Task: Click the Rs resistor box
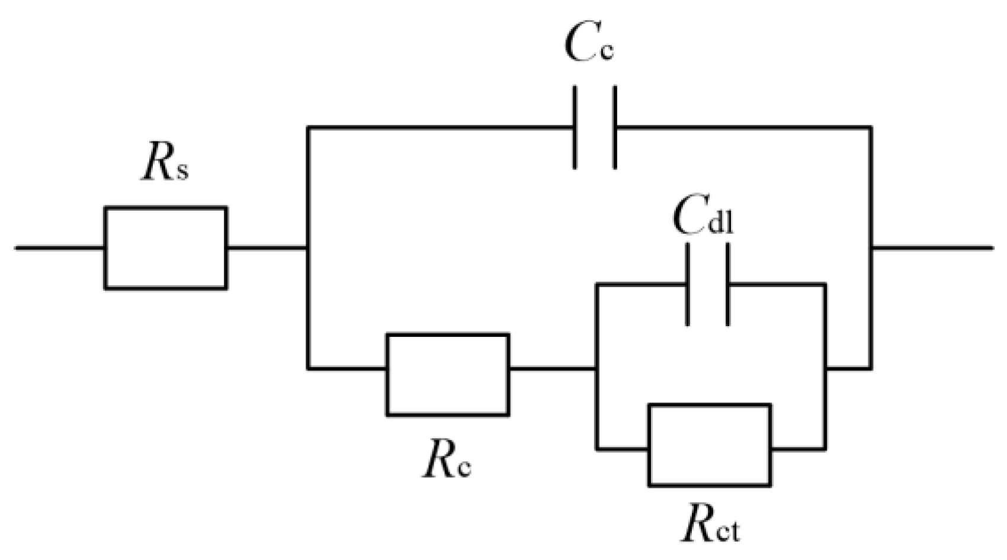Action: [166, 247]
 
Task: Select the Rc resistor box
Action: [447, 374]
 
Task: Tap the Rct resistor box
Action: [710, 445]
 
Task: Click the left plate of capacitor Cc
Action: [575, 127]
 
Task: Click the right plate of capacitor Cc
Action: [615, 127]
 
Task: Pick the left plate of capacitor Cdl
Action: [687, 285]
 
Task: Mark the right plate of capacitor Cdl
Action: [728, 285]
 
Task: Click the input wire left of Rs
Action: [59, 247]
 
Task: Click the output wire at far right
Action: [933, 247]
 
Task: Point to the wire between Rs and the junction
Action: [267, 247]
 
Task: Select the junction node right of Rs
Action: [307, 247]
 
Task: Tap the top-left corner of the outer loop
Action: [307, 127]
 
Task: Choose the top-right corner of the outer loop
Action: [871, 127]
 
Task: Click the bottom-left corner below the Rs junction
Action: [307, 368]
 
